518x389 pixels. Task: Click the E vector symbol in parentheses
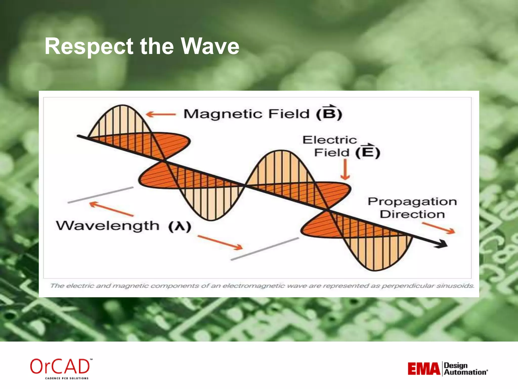pos(367,152)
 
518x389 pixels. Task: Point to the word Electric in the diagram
pos(330,140)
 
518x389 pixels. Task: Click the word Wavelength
pos(107,225)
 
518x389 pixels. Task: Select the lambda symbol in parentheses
pos(180,226)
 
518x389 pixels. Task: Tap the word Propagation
pos(412,202)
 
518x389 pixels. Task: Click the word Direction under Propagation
pos(412,214)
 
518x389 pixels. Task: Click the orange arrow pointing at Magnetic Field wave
pos(161,114)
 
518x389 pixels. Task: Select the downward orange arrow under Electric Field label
pos(345,170)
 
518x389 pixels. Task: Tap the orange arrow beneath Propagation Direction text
pos(439,228)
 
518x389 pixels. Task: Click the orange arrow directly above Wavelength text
pos(111,209)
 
